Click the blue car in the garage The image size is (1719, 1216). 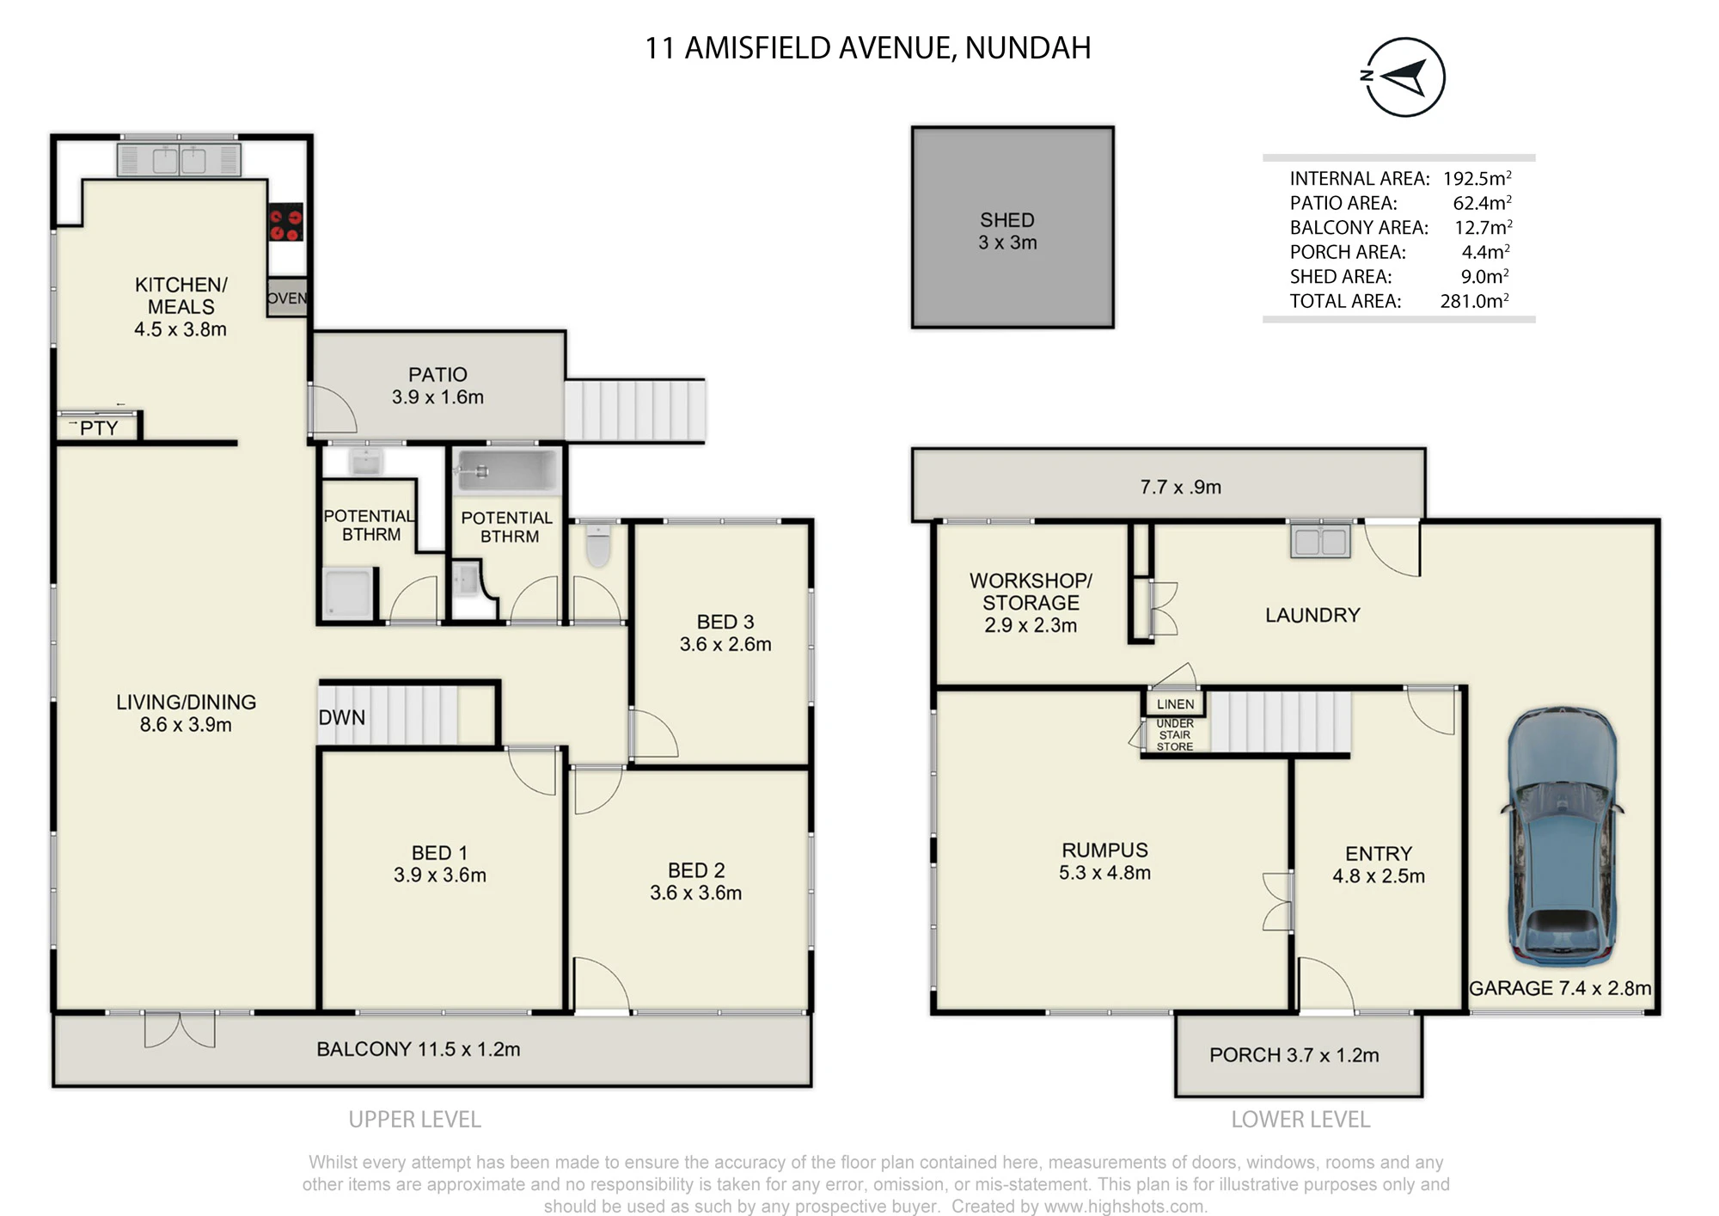click(1562, 834)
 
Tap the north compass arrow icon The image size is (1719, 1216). click(1404, 77)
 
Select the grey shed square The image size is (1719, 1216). click(1012, 227)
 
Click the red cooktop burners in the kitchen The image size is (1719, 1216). click(285, 222)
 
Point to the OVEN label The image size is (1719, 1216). click(286, 298)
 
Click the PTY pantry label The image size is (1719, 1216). click(99, 428)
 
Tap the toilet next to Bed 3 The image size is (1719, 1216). click(598, 544)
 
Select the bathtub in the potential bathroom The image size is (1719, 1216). click(508, 471)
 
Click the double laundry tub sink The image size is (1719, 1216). click(1320, 540)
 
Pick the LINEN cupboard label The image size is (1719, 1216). click(1175, 704)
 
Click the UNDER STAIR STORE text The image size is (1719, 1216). click(1175, 735)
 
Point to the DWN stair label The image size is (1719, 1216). click(342, 717)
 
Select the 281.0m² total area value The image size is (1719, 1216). click(1475, 301)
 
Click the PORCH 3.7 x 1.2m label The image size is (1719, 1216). click(1294, 1055)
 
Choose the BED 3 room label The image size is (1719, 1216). click(725, 622)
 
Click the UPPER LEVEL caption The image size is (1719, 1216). click(415, 1120)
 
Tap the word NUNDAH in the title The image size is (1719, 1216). click(1028, 48)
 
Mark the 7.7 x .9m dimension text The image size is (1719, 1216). click(1181, 487)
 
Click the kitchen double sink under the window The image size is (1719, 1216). click(180, 160)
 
